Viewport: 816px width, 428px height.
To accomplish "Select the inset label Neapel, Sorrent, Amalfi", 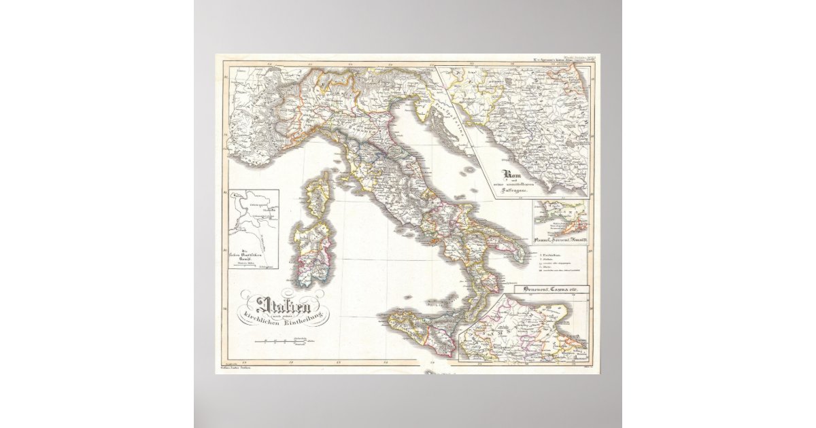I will [x=561, y=240].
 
